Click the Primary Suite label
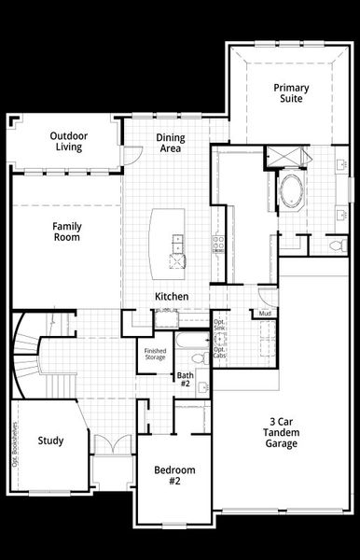tap(291, 93)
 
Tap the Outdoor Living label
tap(67, 141)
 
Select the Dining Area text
tap(170, 143)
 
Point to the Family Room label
tap(65, 231)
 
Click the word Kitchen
tap(173, 297)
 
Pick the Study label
tap(50, 441)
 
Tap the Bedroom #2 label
tap(174, 475)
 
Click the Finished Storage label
tap(155, 355)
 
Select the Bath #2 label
tap(184, 379)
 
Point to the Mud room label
tap(266, 314)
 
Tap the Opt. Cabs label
tap(219, 353)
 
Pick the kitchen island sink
tap(176, 245)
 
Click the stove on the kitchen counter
tap(219, 245)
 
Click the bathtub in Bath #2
tap(196, 357)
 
